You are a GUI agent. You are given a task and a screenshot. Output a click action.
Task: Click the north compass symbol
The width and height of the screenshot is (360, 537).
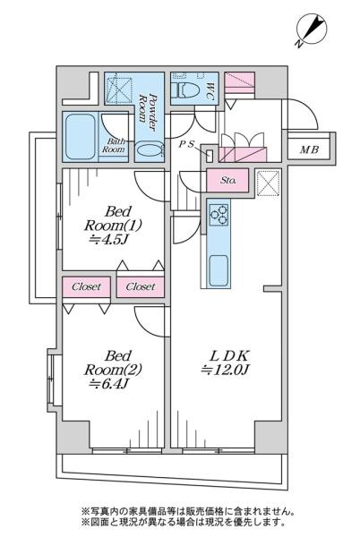pos(312,30)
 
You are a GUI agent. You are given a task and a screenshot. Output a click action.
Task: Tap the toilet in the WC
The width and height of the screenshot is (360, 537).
pos(185,90)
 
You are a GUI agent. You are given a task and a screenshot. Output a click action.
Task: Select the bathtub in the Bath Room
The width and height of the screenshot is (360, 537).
pos(81,136)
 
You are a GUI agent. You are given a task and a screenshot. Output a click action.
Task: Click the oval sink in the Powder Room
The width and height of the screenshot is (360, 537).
pos(149,150)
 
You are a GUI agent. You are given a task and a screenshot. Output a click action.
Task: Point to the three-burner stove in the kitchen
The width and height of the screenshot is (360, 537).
pos(219,215)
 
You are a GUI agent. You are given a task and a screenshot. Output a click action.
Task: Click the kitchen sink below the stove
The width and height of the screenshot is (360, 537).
pos(219,270)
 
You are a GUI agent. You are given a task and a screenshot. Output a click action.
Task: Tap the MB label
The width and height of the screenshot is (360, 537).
pos(310,149)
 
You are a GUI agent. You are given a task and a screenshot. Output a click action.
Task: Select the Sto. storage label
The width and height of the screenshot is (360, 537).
pos(227,180)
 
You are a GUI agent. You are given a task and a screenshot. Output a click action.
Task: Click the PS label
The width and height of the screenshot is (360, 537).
pos(186,144)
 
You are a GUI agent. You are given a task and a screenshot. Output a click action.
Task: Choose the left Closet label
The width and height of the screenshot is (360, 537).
pos(86,286)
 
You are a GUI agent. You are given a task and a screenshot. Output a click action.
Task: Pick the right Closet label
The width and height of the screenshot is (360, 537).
pos(141,286)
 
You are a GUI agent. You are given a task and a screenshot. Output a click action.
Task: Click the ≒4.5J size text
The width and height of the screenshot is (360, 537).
pos(108,240)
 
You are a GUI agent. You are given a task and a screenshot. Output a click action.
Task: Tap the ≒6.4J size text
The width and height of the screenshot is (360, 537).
pos(108,384)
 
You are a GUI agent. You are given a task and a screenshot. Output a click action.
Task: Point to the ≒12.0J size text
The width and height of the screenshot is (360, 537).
pos(226,370)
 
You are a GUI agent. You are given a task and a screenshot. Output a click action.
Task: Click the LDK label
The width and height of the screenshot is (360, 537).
pos(228,356)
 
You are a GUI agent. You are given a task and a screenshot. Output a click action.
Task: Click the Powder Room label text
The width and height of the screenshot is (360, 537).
pos(148,108)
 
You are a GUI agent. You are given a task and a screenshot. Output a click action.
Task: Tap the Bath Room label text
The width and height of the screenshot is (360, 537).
pos(114,146)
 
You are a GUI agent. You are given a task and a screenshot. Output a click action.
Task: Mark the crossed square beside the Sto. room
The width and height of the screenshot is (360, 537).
pos(268,183)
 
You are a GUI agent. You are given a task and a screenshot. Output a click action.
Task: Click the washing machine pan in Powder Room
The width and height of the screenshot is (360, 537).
pos(119,90)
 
